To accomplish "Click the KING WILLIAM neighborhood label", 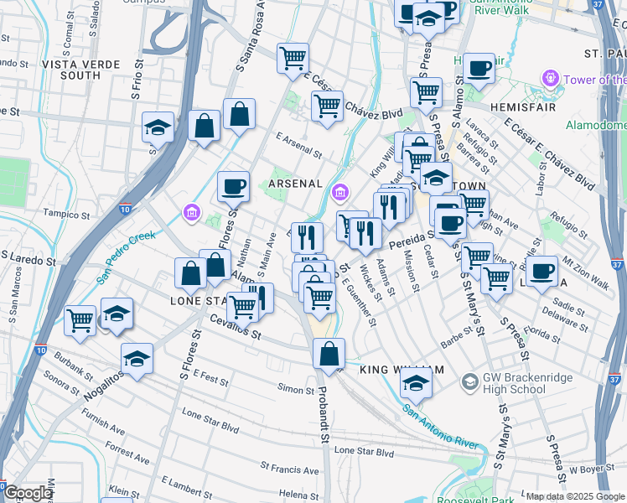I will point(401,370).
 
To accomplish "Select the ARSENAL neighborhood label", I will point(295,184).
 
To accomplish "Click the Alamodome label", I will point(596,125).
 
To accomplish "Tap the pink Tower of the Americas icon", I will point(551,80).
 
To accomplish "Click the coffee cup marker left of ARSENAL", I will point(234,185).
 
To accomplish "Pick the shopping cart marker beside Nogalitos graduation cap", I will point(80,319).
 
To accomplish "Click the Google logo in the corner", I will point(28,493).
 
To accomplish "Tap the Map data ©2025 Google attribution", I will point(575,496).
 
